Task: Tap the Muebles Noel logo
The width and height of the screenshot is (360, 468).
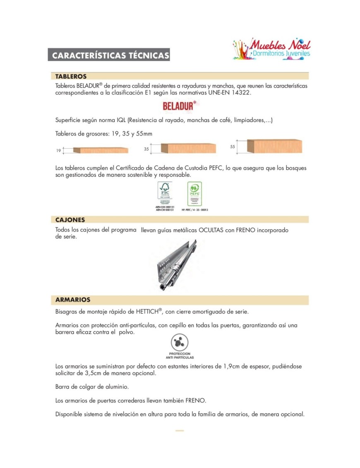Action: point(271,49)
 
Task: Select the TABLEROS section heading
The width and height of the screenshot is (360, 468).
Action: point(71,77)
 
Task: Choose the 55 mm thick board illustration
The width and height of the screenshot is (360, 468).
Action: point(274,146)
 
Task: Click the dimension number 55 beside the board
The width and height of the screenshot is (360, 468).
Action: point(233,147)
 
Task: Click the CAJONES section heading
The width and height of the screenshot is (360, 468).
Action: point(70,220)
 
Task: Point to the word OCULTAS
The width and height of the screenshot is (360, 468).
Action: point(211,230)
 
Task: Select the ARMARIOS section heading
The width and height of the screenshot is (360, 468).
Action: point(73,300)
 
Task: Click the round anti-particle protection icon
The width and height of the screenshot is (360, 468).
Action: point(180,343)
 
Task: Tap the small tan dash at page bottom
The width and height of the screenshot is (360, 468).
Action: point(180,431)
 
